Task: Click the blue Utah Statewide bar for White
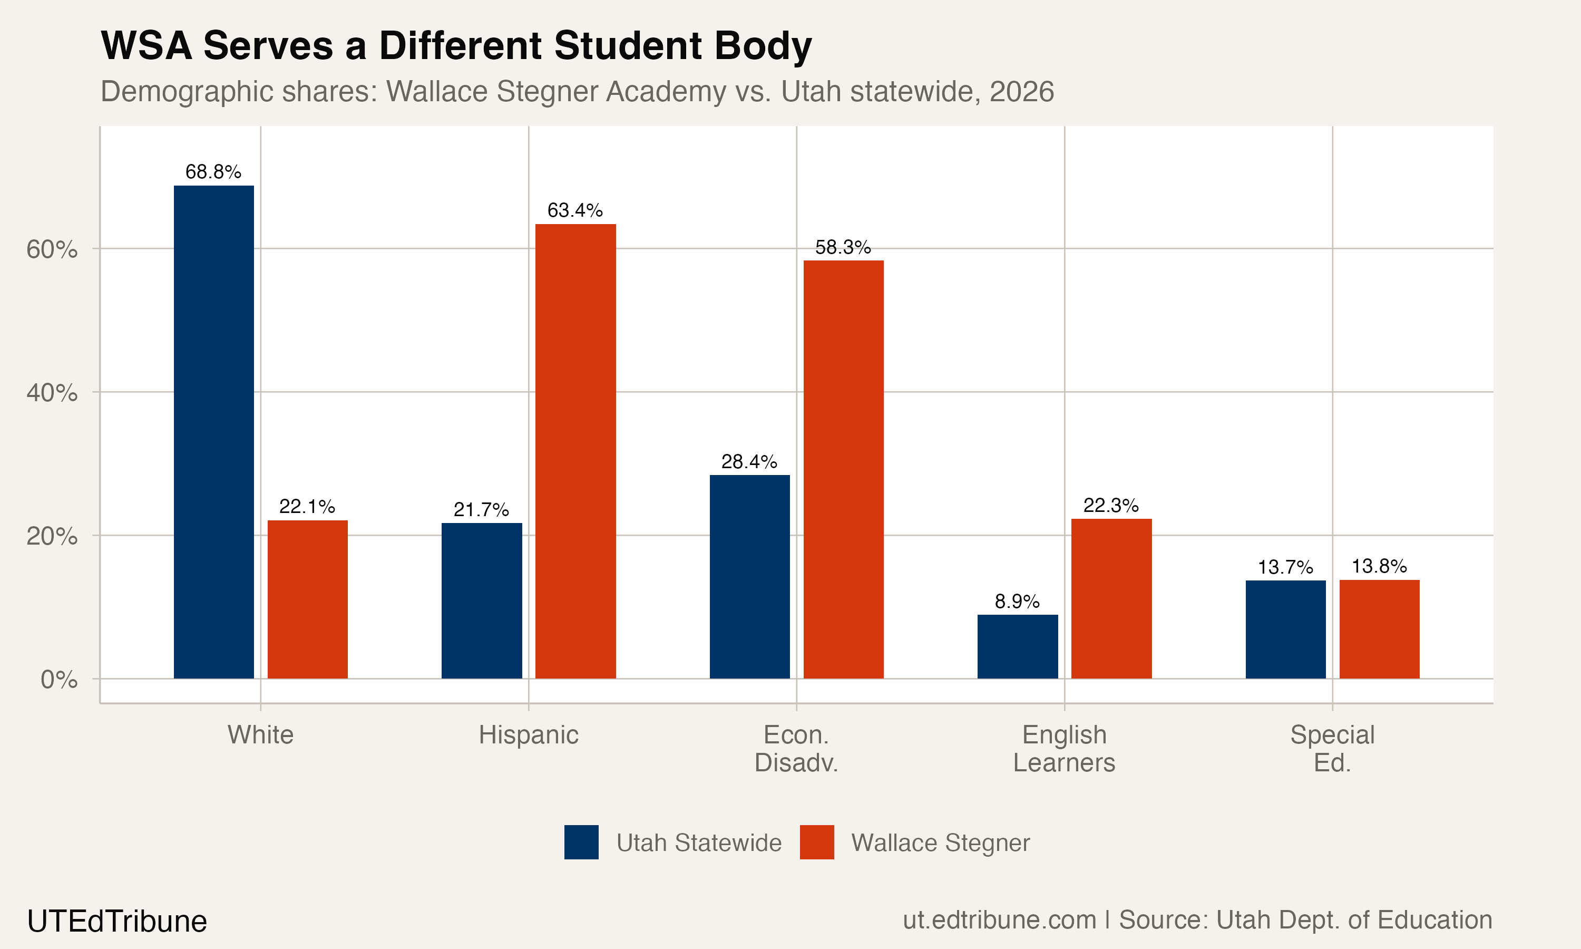213,432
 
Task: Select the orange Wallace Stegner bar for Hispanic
575,451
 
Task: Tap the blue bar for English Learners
1017,646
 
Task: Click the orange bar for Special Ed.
1379,630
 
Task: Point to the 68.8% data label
213,171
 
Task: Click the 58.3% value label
843,247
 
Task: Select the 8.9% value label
1017,601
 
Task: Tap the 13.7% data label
1285,567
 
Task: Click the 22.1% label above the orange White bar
307,507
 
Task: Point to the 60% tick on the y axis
52,249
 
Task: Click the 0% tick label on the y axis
59,679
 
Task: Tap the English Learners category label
1064,748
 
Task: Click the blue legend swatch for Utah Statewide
581,842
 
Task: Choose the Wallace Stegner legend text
940,843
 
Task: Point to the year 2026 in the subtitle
1021,91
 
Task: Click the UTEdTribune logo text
117,922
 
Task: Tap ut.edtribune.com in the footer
999,919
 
